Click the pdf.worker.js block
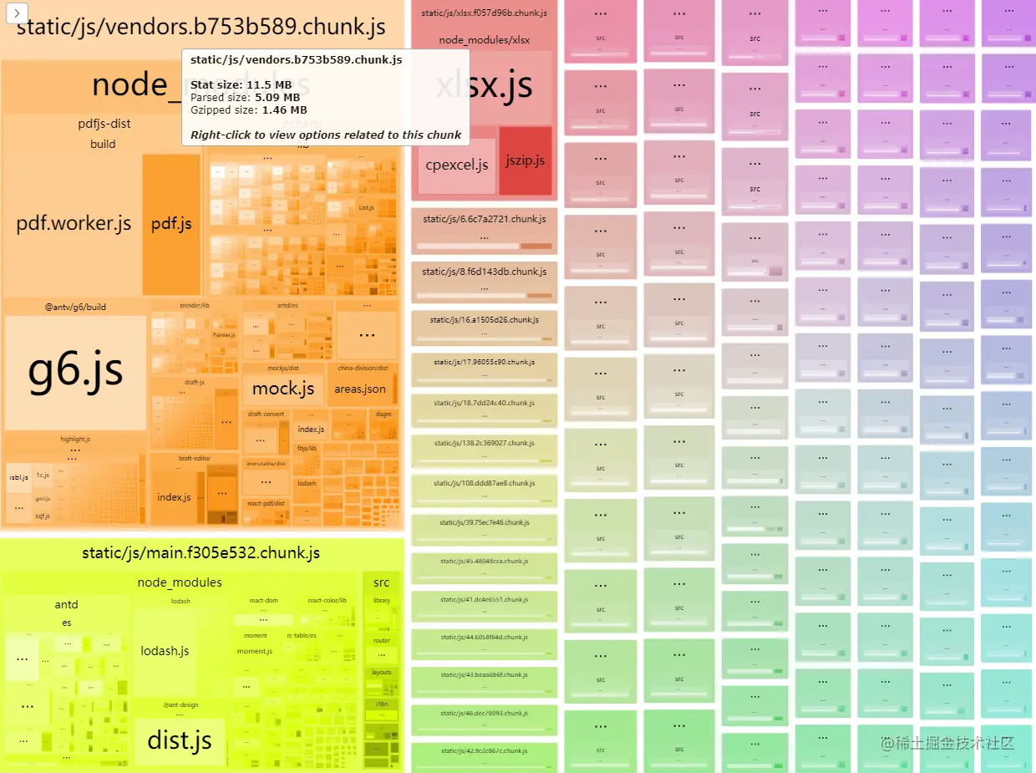74,223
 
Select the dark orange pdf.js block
171,223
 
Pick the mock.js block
283,389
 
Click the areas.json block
360,389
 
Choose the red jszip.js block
525,160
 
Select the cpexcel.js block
456,165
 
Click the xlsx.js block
485,85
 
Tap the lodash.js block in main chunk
165,651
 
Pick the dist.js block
179,740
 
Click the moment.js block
255,651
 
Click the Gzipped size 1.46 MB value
284,109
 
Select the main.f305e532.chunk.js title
201,552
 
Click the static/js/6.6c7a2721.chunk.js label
484,219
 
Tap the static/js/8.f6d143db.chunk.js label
484,272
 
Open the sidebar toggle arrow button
18,13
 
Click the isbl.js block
18,477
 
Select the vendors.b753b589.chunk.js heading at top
201,27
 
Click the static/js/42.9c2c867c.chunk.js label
484,750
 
